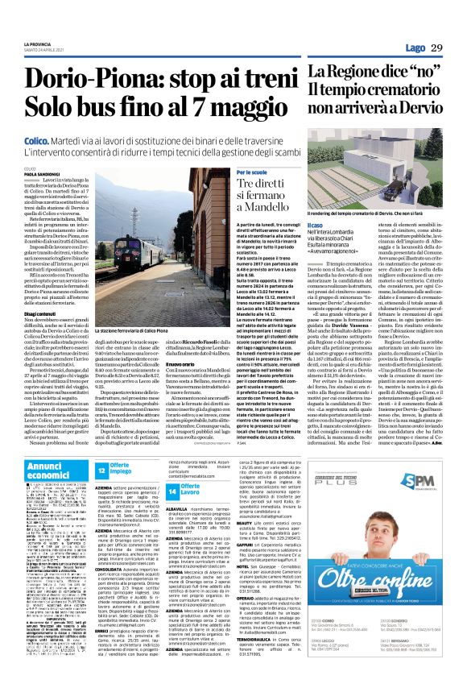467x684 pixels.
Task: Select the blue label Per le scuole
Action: point(250,172)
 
